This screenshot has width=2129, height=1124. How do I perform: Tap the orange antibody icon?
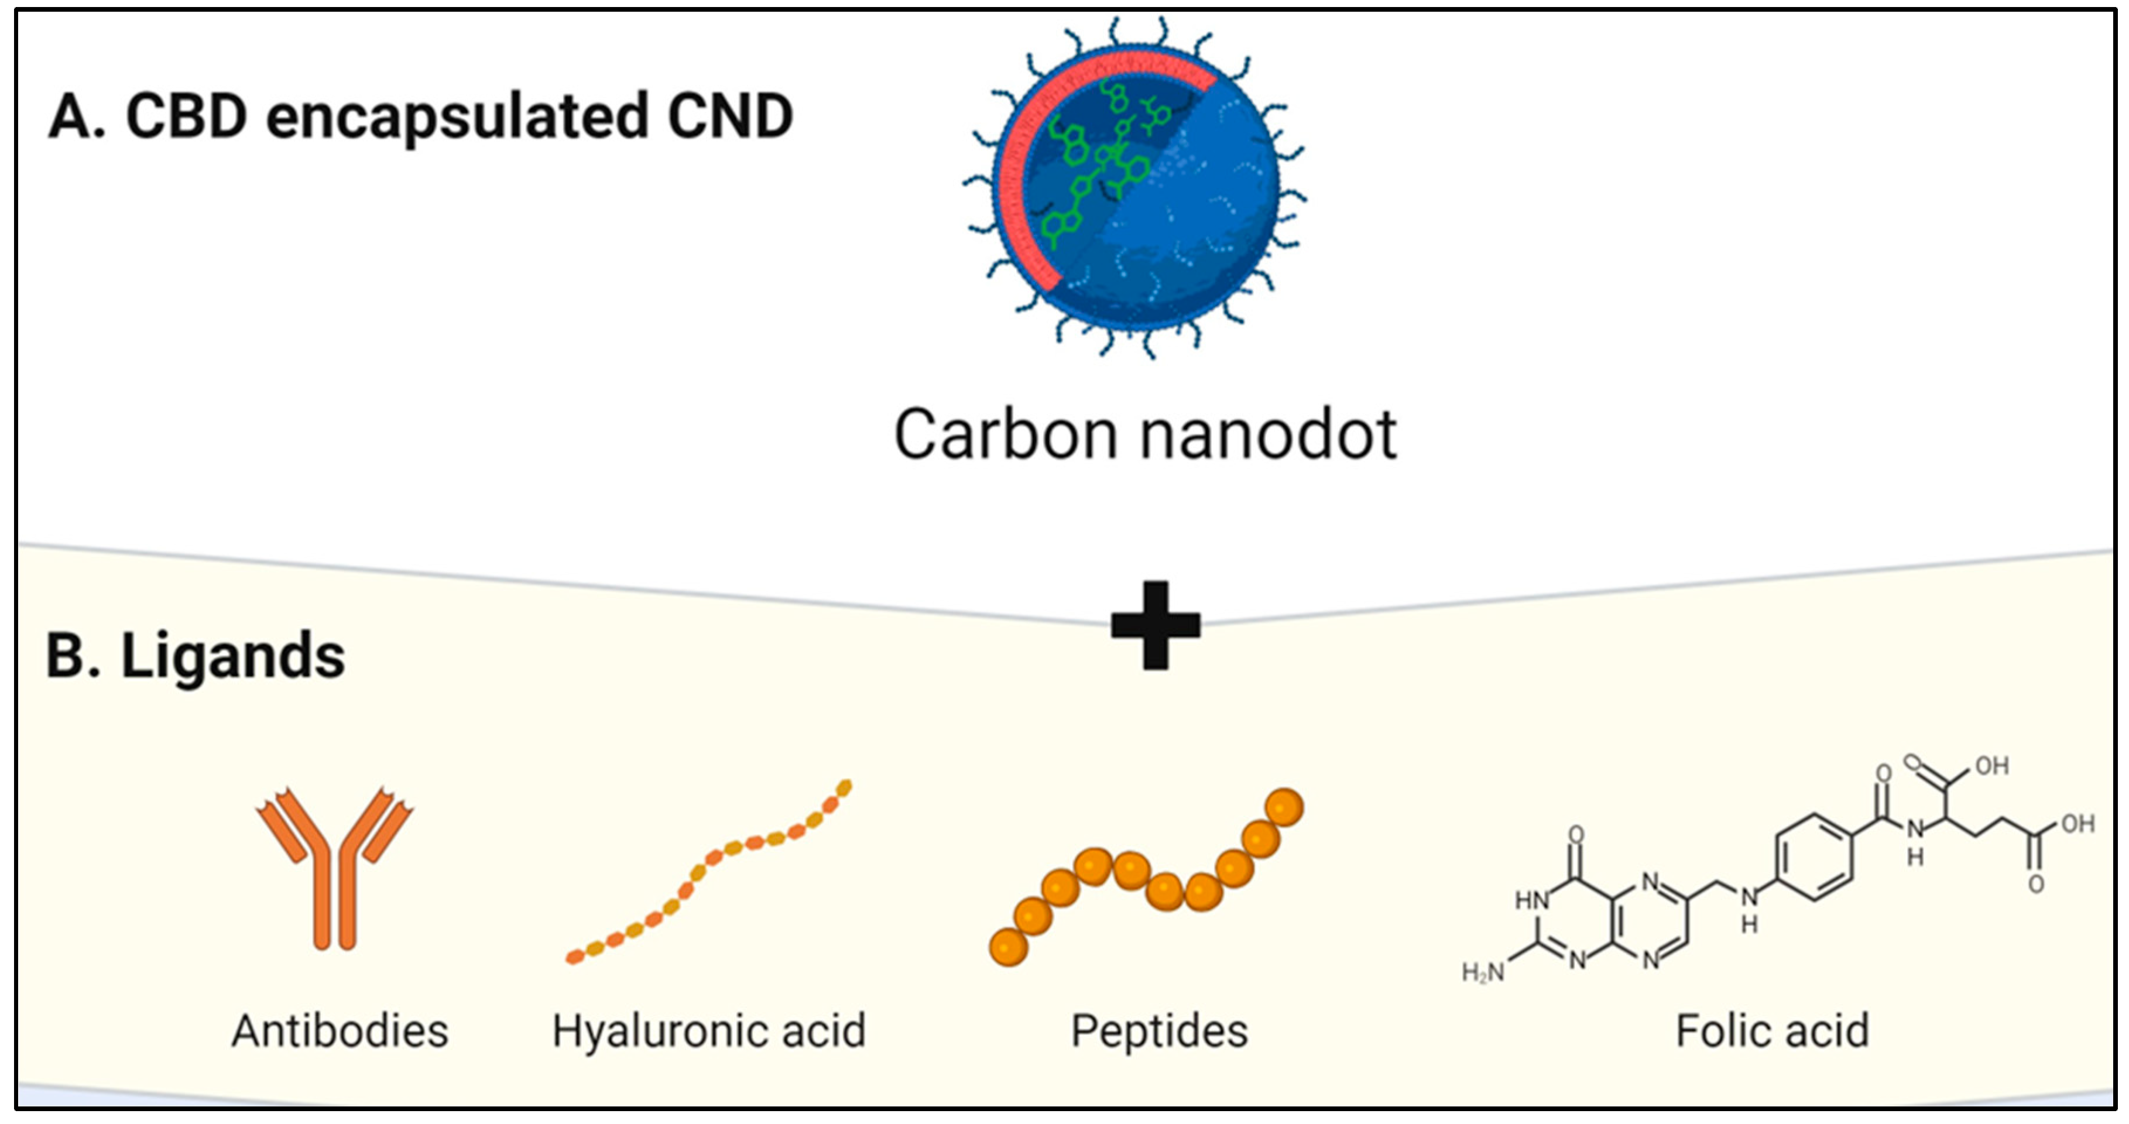335,868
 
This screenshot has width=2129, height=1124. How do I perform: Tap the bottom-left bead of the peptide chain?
1008,946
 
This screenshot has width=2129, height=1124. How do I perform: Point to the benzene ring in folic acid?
1813,857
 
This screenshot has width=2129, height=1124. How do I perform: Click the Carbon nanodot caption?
1146,435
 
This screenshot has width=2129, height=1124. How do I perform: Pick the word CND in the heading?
730,116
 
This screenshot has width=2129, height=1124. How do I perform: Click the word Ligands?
233,656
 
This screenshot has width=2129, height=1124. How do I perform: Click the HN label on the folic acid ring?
1531,900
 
